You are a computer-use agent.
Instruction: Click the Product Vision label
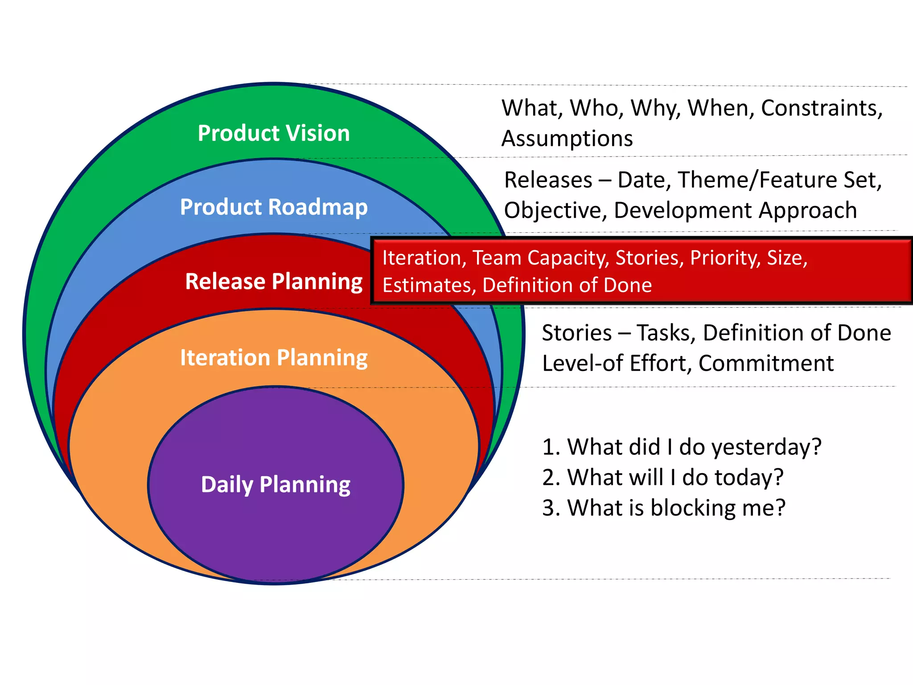coord(274,133)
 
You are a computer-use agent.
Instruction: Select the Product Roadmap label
coord(274,207)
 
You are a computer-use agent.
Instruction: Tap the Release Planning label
coord(274,281)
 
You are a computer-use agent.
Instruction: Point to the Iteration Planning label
coord(274,358)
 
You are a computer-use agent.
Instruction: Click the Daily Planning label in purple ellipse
coord(276,484)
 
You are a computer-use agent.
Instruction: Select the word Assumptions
coord(567,139)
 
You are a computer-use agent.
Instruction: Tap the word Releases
coord(548,180)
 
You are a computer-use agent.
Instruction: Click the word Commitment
coord(765,363)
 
